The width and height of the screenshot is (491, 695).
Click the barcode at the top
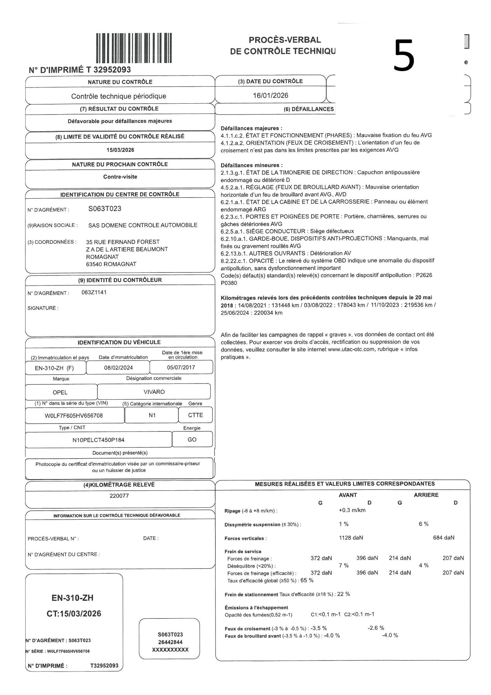pos(134,48)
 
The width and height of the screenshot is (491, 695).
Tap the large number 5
pos(404,55)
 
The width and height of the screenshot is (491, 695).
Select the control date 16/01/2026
pos(270,96)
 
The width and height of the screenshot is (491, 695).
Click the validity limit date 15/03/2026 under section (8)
pos(120,150)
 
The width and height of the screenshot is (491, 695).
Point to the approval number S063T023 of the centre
pos(105,209)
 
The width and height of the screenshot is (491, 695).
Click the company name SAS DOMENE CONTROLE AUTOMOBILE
pos(143,225)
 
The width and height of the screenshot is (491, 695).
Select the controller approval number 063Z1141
pos(94,292)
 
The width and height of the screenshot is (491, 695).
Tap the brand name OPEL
pos(60,392)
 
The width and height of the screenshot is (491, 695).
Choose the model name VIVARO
pos(154,392)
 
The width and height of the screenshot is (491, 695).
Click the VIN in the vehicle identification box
pos(74,415)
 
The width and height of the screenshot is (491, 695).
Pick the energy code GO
pos(192,440)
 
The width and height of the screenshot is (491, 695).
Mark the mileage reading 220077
pos(119,496)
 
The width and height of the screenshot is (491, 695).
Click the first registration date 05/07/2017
pos(181,367)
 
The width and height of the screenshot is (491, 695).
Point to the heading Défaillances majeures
pos(251,128)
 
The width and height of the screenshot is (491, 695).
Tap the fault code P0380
pos(229,283)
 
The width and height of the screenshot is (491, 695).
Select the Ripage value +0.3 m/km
pos(352,510)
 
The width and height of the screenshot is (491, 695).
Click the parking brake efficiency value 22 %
pos(343,594)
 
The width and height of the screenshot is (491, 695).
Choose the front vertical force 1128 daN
pos(351,538)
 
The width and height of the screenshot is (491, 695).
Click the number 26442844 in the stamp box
pos(170,642)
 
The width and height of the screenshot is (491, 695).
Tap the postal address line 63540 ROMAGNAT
pos(111,264)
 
